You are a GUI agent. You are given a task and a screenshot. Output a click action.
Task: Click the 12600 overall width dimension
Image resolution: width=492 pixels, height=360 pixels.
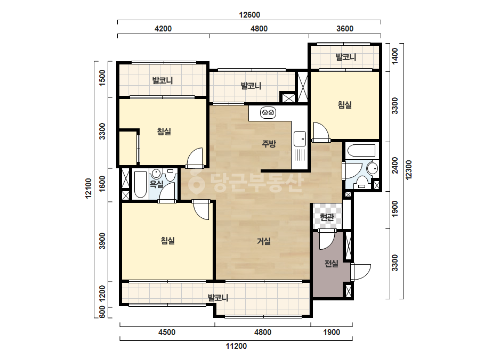249,15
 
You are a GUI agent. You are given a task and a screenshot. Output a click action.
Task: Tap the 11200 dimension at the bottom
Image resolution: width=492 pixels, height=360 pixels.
236,346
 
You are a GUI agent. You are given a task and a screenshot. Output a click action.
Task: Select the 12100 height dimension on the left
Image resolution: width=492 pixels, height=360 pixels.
88,188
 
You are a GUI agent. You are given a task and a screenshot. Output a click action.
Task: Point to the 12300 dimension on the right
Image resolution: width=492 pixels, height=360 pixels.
408,170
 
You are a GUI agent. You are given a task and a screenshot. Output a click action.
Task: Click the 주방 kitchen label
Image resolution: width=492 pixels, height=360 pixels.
269,144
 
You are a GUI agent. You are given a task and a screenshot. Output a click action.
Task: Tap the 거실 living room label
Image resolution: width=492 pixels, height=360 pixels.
264,241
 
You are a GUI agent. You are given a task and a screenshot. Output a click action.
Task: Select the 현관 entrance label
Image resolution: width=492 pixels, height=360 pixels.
327,217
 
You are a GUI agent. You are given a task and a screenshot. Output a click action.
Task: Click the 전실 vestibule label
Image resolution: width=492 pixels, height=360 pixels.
332,264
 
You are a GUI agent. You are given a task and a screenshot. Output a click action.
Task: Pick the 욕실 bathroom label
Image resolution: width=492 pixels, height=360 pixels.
156,184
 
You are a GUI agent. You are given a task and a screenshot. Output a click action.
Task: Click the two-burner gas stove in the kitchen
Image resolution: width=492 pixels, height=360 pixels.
269,112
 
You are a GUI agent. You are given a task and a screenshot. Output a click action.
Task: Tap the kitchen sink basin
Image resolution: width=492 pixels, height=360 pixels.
300,138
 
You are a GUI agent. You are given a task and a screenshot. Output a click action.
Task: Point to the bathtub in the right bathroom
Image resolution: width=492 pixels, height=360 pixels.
361,150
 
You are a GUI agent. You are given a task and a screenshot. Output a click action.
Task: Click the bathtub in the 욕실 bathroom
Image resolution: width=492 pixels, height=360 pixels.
140,185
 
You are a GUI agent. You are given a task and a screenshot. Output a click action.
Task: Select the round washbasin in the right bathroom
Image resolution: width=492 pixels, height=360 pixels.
373,168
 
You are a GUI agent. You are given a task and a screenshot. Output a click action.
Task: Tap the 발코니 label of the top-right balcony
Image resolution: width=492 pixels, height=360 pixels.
346,57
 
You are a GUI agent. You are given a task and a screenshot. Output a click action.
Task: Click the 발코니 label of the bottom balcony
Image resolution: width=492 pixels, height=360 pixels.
218,298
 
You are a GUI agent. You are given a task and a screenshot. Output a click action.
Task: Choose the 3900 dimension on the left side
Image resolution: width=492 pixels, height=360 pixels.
102,241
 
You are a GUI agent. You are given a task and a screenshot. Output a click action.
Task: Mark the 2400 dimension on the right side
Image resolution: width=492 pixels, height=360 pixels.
395,165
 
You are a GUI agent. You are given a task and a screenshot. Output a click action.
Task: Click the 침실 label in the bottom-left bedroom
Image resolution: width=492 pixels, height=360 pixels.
168,241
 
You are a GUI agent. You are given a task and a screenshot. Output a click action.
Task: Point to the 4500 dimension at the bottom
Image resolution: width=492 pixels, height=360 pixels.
167,332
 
